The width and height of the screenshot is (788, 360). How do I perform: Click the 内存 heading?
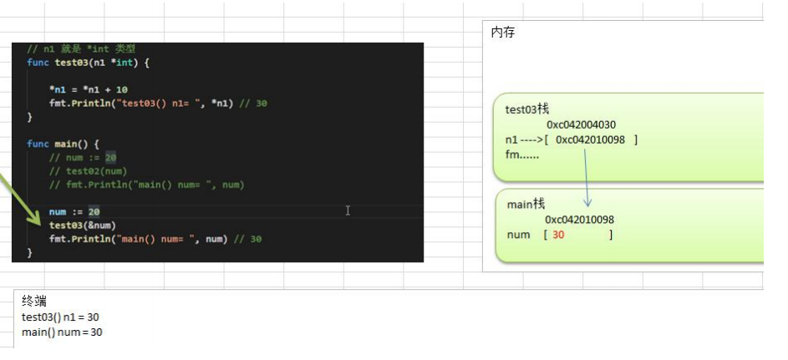pyautogui.click(x=502, y=33)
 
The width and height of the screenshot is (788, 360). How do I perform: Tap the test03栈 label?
pyautogui.click(x=527, y=109)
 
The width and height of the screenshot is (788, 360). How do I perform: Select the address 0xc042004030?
pyautogui.click(x=581, y=124)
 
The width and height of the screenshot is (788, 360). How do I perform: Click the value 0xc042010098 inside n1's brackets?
pyautogui.click(x=590, y=139)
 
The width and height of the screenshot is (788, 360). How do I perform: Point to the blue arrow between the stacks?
pyautogui.click(x=586, y=177)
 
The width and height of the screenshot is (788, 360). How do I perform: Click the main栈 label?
pyautogui.click(x=526, y=204)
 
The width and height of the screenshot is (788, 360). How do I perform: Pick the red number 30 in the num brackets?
pyautogui.click(x=558, y=235)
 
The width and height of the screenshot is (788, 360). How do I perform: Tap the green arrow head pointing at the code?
pyautogui.click(x=35, y=218)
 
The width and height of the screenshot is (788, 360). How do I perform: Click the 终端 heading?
pyautogui.click(x=34, y=301)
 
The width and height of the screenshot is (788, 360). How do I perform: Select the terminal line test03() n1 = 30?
pyautogui.click(x=60, y=317)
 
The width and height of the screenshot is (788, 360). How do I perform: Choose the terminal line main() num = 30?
pyautogui.click(x=62, y=332)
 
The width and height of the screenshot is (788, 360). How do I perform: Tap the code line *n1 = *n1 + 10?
pyautogui.click(x=88, y=90)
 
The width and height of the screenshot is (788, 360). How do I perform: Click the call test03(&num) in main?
pyautogui.click(x=83, y=226)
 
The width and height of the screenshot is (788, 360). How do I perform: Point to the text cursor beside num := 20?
pyautogui.click(x=348, y=210)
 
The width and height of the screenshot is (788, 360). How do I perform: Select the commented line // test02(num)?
pyautogui.click(x=88, y=171)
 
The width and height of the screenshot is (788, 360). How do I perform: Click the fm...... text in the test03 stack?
pyautogui.click(x=521, y=155)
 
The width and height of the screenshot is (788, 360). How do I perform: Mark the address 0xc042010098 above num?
pyautogui.click(x=579, y=220)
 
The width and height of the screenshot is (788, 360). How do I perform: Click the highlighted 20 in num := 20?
pyautogui.click(x=94, y=212)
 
